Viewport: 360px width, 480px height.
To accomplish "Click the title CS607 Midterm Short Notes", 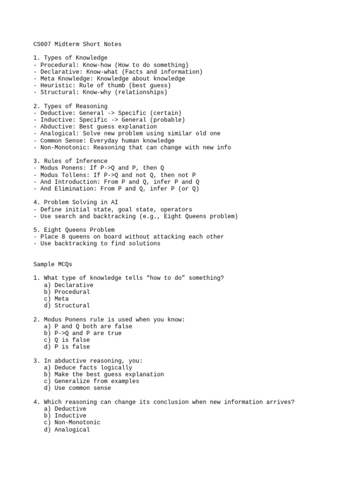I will pos(77,44).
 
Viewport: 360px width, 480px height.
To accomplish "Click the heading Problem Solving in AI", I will pos(77,202).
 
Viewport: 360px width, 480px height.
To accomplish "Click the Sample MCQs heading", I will pos(53,264).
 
